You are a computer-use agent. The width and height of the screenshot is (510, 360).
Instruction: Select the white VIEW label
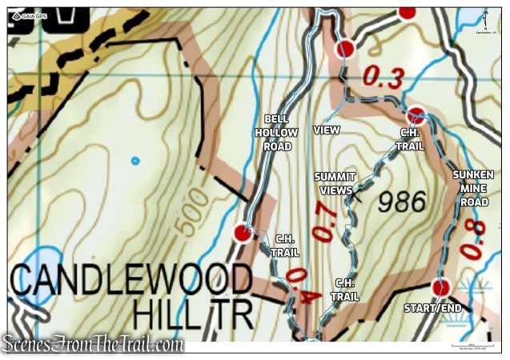[327, 130]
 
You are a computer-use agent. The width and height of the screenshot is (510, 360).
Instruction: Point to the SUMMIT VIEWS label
[334, 182]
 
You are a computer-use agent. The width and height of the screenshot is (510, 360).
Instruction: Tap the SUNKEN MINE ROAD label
[472, 188]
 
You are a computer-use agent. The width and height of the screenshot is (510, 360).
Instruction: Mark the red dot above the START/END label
[440, 287]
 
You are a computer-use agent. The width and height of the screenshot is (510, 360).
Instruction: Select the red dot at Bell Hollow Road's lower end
[243, 233]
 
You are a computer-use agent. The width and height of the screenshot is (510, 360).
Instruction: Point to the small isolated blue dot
[135, 161]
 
